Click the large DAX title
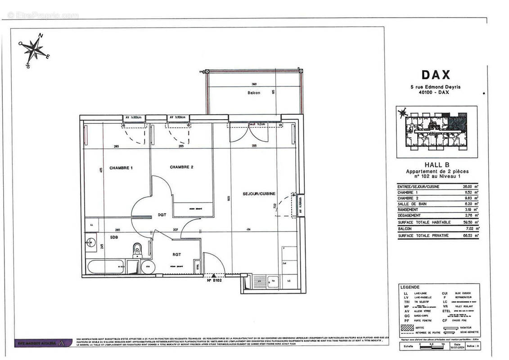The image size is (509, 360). [436, 75]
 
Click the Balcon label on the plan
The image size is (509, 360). [254, 93]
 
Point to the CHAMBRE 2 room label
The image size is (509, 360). [181, 167]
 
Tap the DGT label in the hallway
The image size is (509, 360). [162, 215]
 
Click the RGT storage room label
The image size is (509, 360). [177, 254]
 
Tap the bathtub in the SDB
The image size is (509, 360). [106, 266]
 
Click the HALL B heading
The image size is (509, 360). [437, 165]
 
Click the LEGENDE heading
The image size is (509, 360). [410, 287]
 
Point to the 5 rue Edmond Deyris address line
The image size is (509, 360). [436, 87]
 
